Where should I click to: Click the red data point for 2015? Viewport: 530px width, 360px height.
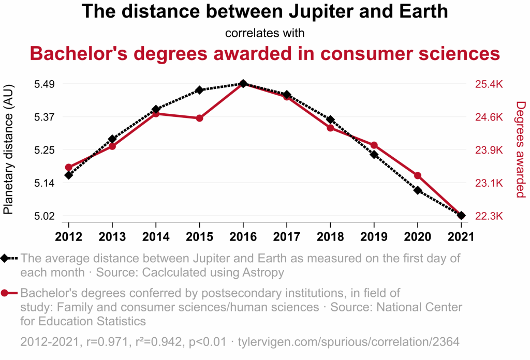[x=199, y=118]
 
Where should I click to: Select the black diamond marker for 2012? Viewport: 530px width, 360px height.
[x=68, y=175]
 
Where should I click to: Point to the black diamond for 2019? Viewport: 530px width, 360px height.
[x=374, y=154]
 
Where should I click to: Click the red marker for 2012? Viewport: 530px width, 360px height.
[x=68, y=168]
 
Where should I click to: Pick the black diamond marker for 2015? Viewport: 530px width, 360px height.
[x=199, y=90]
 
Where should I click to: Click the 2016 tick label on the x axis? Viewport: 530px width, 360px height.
[x=243, y=236]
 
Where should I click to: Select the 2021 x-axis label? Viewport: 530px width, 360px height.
[x=461, y=236]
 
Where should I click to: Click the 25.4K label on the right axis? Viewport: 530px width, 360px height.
[x=489, y=84]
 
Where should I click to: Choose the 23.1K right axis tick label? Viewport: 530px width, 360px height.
[x=489, y=183]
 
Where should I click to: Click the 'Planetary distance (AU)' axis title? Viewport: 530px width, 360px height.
[x=9, y=149]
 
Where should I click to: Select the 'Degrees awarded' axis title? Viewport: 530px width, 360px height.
[x=521, y=149]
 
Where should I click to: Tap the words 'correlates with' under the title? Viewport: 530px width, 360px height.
[x=264, y=33]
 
